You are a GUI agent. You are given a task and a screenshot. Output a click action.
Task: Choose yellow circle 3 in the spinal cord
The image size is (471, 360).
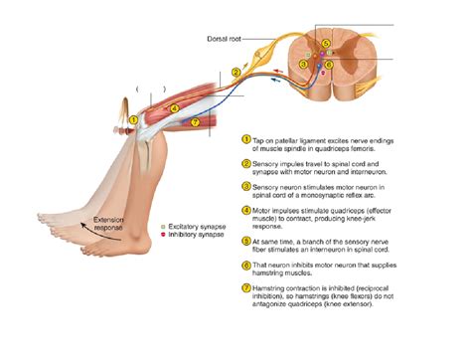303,65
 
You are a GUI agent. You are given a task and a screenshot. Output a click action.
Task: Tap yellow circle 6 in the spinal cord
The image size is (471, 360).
329,65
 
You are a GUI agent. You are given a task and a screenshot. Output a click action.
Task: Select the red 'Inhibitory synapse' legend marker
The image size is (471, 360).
162,237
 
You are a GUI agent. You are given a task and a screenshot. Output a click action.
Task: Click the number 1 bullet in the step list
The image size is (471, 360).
246,140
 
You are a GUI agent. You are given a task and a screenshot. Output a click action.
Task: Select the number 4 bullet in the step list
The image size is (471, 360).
246,211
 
